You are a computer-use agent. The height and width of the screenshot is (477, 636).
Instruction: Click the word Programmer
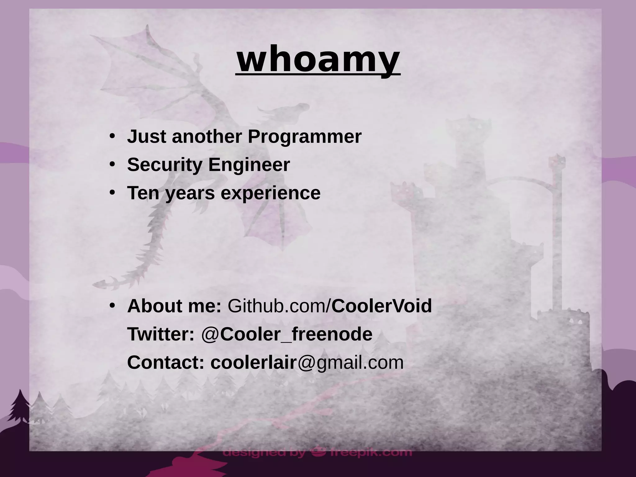tap(304, 137)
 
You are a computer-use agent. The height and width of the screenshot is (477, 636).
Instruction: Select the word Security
tap(165, 164)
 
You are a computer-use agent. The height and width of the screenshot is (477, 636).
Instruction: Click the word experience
tap(270, 193)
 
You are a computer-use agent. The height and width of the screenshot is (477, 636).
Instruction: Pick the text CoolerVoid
tap(382, 306)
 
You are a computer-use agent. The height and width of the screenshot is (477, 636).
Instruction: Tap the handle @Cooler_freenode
tap(287, 334)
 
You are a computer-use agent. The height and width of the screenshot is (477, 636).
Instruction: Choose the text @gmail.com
tap(351, 362)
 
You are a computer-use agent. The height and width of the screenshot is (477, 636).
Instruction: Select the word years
tap(189, 193)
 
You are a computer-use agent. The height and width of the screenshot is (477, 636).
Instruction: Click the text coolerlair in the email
tap(253, 362)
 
